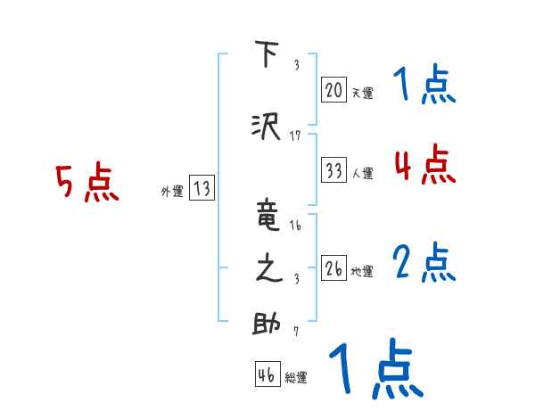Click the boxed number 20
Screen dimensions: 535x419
coord(333,89)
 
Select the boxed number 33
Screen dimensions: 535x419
coord(333,170)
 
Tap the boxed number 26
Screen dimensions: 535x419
coord(333,267)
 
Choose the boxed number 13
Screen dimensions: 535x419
coord(202,189)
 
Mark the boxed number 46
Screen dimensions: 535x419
coord(267,374)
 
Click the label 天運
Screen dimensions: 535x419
coord(362,93)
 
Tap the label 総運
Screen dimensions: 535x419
coord(295,378)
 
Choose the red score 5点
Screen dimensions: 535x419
coord(86,184)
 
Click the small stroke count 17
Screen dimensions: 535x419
coord(295,136)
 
